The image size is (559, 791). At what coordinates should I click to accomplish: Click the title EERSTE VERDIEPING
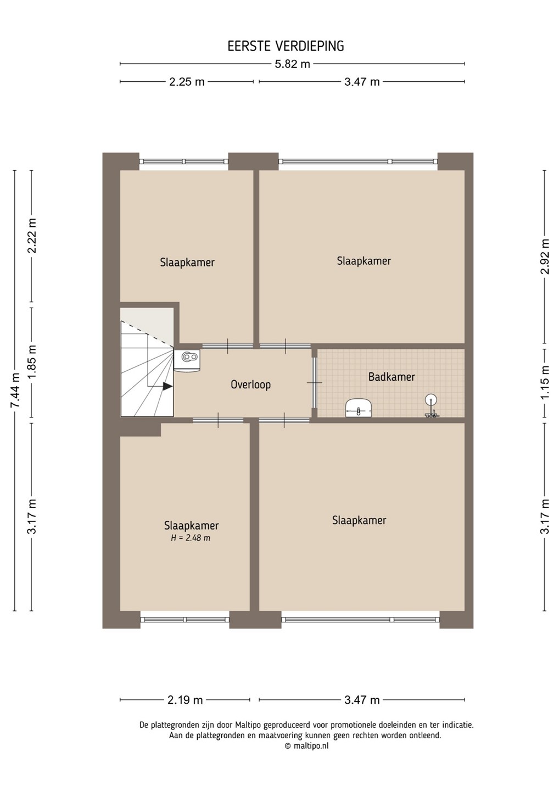tap(286, 46)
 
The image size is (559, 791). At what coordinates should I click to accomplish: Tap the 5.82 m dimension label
tap(293, 64)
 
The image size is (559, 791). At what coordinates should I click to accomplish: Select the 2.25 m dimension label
tap(187, 82)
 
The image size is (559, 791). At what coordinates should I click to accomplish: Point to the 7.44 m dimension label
tap(15, 390)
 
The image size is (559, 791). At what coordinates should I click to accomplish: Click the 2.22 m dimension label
tap(32, 236)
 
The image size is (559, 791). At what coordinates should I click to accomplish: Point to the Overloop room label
tap(250, 385)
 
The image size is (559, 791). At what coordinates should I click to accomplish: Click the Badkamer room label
tap(392, 377)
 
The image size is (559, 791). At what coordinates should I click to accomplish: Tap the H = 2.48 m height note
tap(191, 538)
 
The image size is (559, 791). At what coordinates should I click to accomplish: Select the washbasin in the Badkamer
tap(358, 408)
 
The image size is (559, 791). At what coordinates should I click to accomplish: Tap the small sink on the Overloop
tap(187, 360)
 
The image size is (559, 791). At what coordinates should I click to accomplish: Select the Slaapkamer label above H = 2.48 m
tap(191, 526)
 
